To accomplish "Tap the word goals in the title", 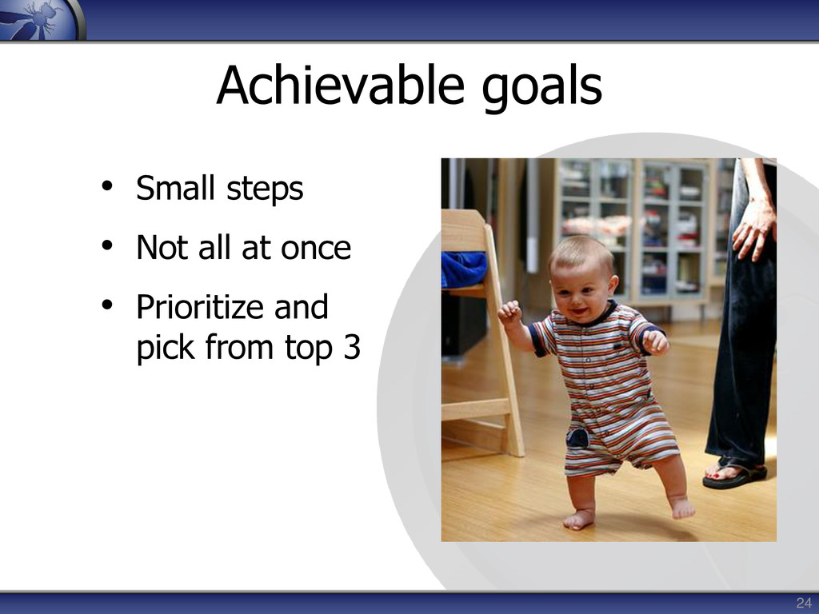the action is pyautogui.click(x=541, y=89).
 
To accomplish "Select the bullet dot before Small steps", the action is pyautogui.click(x=107, y=185).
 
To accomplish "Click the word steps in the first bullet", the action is pyautogui.click(x=265, y=189).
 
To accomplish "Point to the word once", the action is pyautogui.click(x=316, y=249).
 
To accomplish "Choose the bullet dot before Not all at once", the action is pyautogui.click(x=107, y=245).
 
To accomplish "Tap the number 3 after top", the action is pyautogui.click(x=352, y=347).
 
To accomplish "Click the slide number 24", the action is pyautogui.click(x=803, y=603).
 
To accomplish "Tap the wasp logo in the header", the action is pyautogui.click(x=41, y=20).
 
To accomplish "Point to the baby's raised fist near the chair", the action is pyautogui.click(x=509, y=313).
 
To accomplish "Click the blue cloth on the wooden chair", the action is pyautogui.click(x=464, y=269).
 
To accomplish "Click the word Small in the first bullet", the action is pyautogui.click(x=175, y=187).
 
